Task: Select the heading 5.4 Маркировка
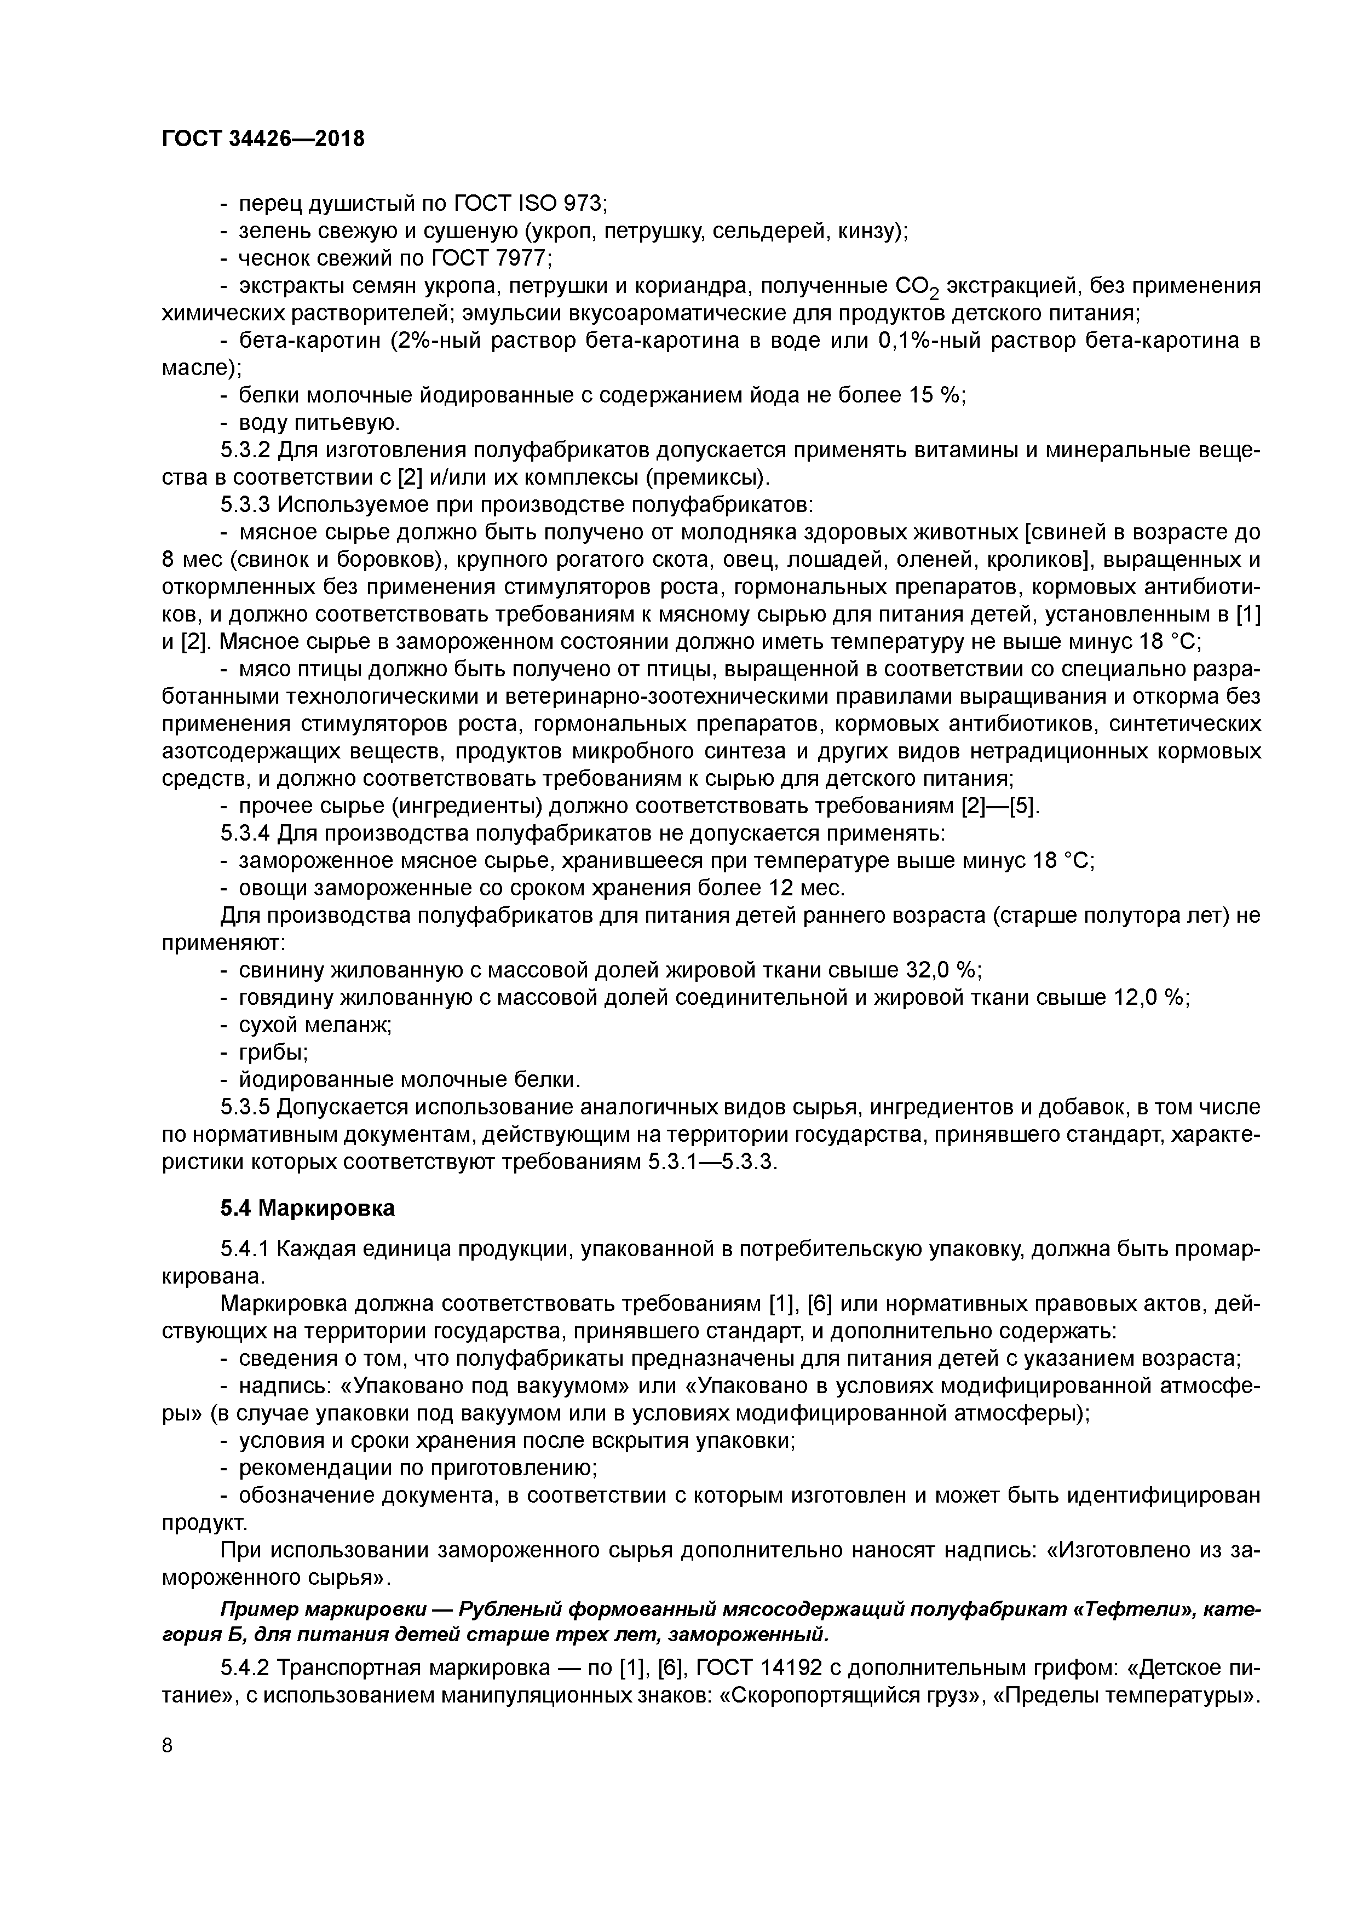tap(307, 1208)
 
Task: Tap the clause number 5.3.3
tap(245, 505)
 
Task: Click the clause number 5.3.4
tap(245, 834)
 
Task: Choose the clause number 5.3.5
tap(245, 1108)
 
